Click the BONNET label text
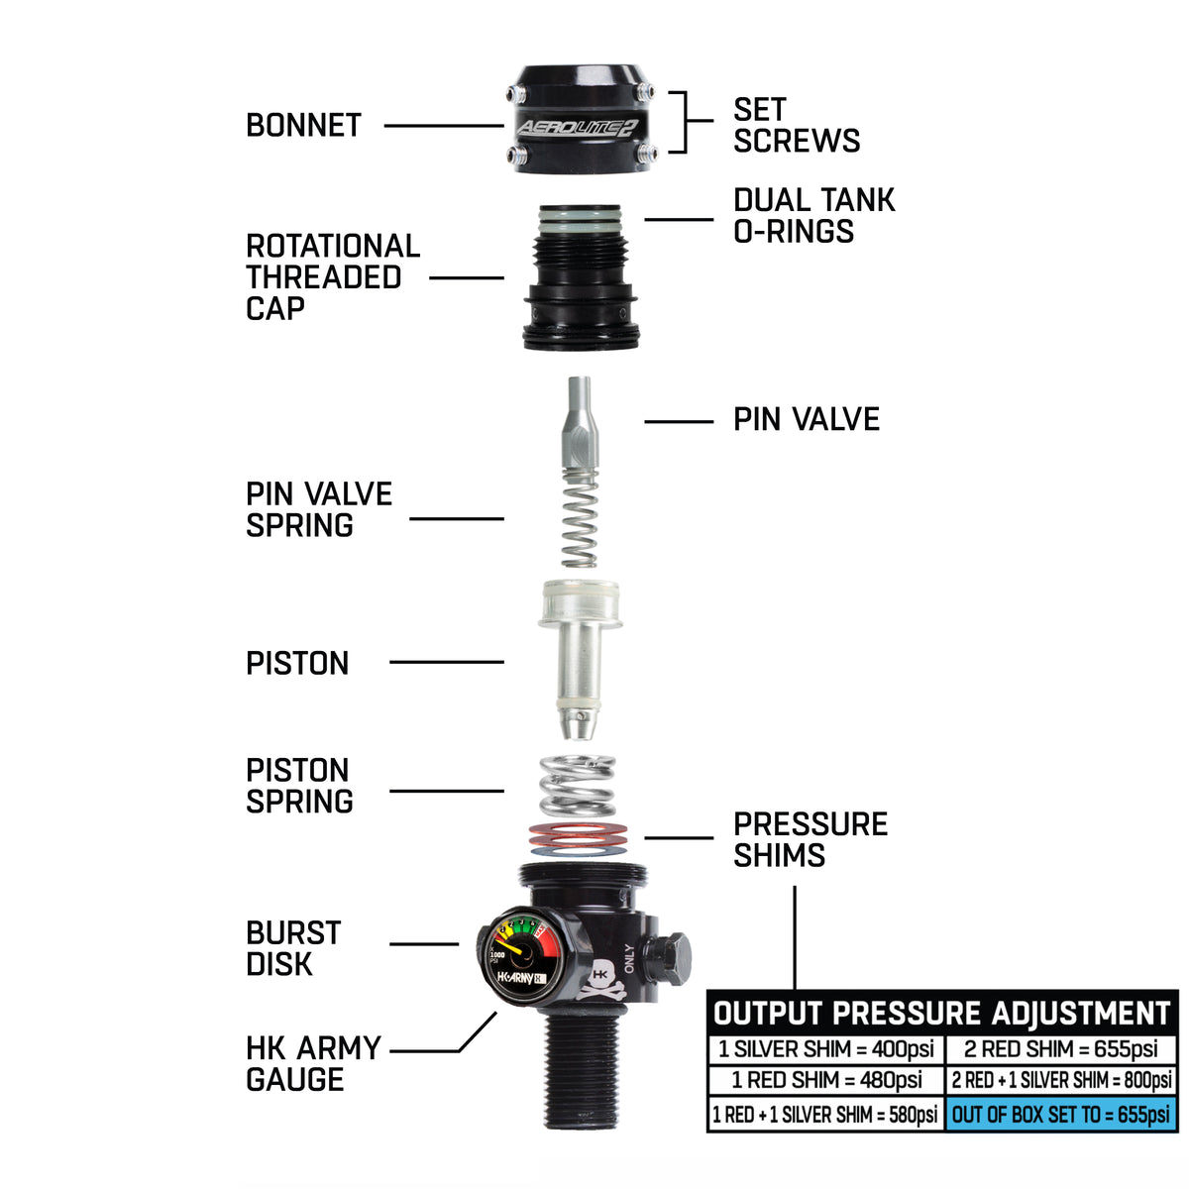pos(303,126)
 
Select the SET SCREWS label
pos(796,125)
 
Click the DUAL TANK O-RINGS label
pos(813,215)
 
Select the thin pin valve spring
pos(579,515)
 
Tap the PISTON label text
pos(297,663)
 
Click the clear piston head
pos(580,604)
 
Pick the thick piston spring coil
pos(577,785)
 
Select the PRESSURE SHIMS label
pos(810,839)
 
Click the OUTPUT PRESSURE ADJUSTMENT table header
pos(942,1013)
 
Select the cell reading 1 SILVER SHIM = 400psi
pos(826,1049)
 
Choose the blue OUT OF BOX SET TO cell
pos(1060,1114)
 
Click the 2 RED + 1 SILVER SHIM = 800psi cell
pos(1061,1080)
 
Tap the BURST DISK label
pos(293,948)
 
